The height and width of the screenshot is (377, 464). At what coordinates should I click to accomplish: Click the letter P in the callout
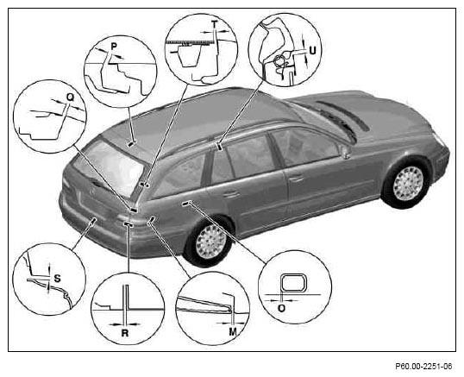click(114, 47)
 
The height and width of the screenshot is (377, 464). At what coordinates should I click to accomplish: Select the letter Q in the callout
click(70, 97)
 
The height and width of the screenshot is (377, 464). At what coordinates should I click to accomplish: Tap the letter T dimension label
click(215, 23)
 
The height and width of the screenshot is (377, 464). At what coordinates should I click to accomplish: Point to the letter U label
click(312, 51)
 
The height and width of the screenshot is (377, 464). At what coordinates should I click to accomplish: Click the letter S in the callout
click(57, 279)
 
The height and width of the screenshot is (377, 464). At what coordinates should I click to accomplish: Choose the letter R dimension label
click(125, 333)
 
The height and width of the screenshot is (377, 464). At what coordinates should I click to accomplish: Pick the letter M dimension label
click(233, 332)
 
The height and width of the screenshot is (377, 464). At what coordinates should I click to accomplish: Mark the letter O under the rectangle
click(282, 308)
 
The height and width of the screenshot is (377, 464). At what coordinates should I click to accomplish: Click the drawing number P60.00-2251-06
click(423, 367)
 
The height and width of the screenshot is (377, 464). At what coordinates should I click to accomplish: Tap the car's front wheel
click(407, 184)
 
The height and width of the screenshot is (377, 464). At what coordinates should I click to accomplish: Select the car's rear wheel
click(210, 242)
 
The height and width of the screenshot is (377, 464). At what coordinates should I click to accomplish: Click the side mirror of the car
click(345, 151)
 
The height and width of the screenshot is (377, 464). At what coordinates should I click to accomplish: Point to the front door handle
click(296, 179)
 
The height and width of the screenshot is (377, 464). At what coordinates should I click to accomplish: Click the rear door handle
click(231, 194)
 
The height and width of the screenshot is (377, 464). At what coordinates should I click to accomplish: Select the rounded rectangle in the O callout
click(292, 283)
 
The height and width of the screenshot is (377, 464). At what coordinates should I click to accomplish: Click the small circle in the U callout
click(279, 60)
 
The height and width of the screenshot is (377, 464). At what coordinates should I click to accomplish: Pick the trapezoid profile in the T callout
click(190, 55)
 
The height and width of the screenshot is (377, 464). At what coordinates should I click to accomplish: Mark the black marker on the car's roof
click(131, 144)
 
